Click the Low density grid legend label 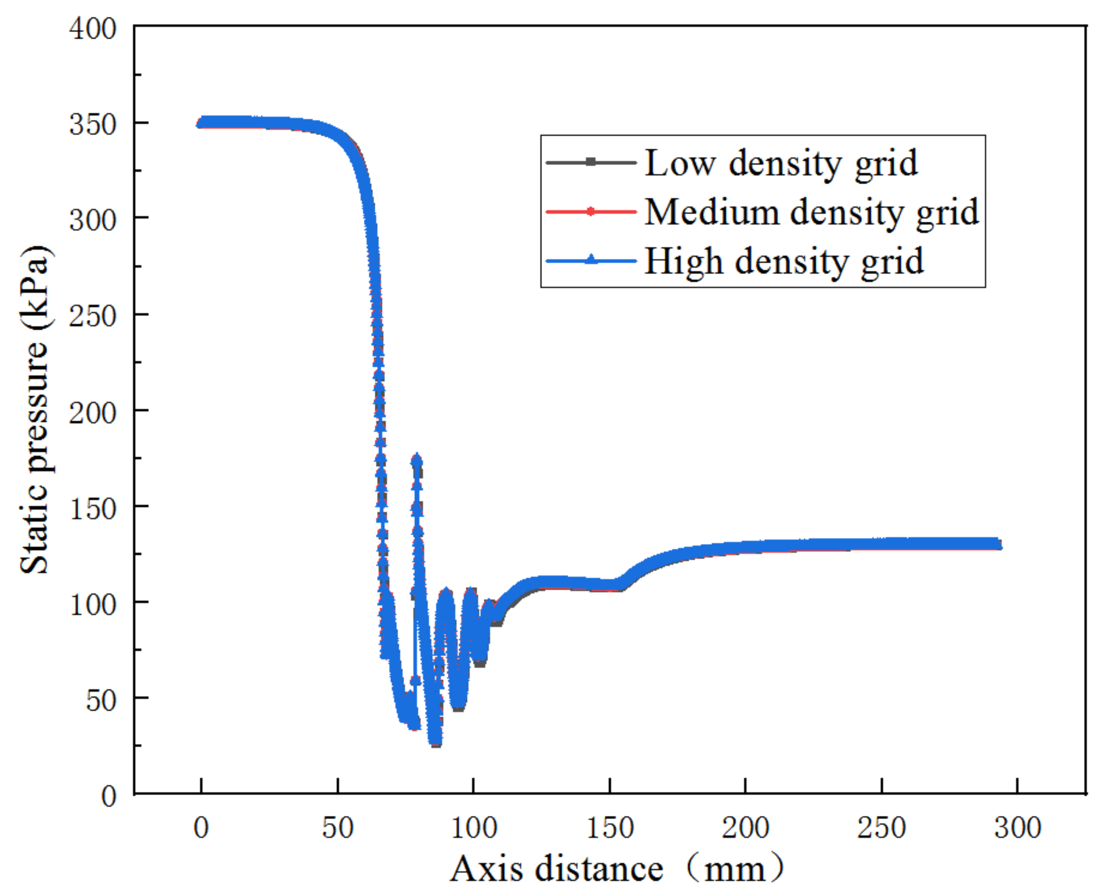coord(781,163)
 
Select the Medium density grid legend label coord(811,212)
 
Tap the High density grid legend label coord(783,261)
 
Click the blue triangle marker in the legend coord(591,259)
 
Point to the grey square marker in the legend coord(591,162)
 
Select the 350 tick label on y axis coord(93,124)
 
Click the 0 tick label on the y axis coord(109,796)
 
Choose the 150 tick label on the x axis coord(610,828)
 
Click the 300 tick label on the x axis coord(1017,828)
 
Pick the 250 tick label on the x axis coord(881,828)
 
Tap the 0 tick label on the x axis coord(201,828)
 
